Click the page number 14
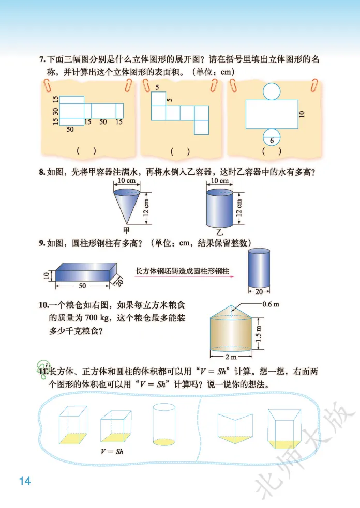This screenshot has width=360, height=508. coord(25,481)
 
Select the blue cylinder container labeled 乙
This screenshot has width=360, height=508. coord(219,208)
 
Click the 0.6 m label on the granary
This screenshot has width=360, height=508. coord(271,304)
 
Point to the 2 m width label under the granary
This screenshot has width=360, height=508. coord(231,357)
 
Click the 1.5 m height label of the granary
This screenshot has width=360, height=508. coord(258,333)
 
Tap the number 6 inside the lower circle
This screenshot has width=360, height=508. coord(272,141)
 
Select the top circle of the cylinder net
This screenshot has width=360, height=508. coord(272,91)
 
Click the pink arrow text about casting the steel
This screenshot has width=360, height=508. coord(182,271)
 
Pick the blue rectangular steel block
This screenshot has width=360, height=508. coord(86,272)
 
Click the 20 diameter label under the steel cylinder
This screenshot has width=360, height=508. coord(259,291)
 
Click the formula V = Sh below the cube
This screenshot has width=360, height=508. coord(112,451)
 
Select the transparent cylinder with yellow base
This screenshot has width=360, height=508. coord(164,424)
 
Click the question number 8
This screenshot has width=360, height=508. coord(42,172)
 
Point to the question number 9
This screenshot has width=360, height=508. coord(42,243)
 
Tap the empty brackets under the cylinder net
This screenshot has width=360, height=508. coord(272,151)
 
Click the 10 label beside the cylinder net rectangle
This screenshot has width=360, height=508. coord(302,114)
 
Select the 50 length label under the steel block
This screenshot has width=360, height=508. coord(82,286)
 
